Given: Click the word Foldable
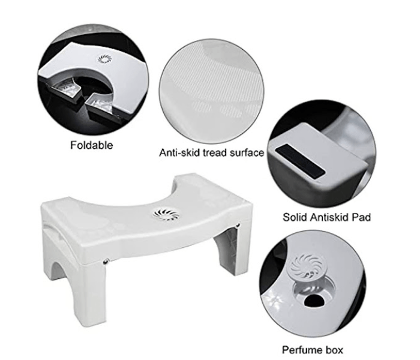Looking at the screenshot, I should pyautogui.click(x=92, y=145).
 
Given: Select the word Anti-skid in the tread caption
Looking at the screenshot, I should pyautogui.click(x=178, y=153).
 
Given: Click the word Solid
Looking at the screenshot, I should pyautogui.click(x=296, y=217).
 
